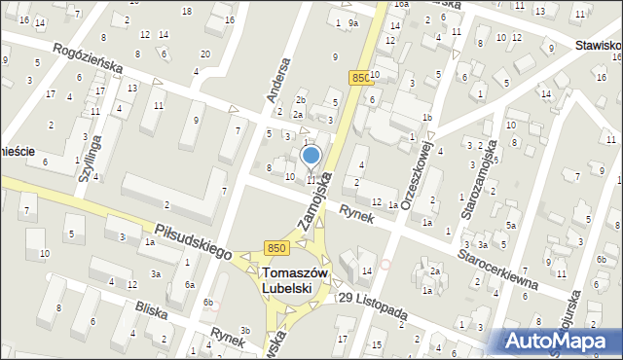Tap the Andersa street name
pyautogui.click(x=278, y=79)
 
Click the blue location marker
pyautogui.click(x=311, y=157)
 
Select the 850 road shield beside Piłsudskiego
pyautogui.click(x=275, y=250)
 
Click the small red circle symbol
pyautogui.click(x=385, y=264)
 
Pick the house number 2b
pyautogui.click(x=301, y=100)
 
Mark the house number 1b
pyautogui.click(x=426, y=118)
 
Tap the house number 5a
pyautogui.click(x=510, y=225)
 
